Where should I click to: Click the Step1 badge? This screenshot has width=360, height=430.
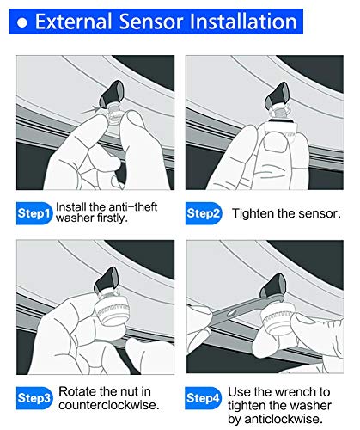tap(34, 213)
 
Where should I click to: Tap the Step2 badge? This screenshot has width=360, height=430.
tap(204, 213)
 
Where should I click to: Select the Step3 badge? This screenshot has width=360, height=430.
tap(34, 398)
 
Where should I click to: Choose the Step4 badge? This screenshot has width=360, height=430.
tap(203, 398)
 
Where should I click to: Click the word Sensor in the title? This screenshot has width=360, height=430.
tap(151, 21)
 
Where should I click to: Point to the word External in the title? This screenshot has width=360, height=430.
tap(73, 21)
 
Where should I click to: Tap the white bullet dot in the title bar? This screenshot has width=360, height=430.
tap(22, 22)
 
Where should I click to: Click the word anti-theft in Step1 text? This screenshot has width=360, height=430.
tap(132, 207)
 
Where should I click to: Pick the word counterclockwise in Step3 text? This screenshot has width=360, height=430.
tap(109, 405)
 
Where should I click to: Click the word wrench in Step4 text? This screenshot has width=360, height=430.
tap(296, 392)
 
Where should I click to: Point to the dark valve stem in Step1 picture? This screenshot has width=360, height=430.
tap(111, 94)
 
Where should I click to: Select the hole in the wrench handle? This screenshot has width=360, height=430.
tap(231, 314)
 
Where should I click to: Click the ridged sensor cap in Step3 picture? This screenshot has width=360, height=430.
tap(113, 310)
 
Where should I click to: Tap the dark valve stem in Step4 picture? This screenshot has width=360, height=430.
tap(273, 286)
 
